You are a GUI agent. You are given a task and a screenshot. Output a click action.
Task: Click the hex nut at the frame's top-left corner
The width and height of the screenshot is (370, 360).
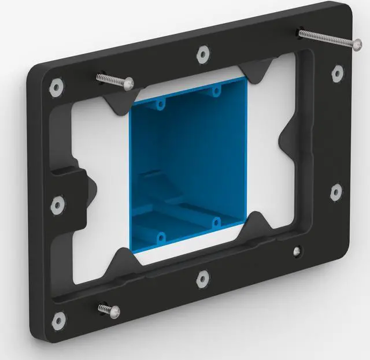pos(56,87)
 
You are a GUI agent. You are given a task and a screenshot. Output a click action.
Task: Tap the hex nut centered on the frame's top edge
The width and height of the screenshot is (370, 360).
pos(202,54)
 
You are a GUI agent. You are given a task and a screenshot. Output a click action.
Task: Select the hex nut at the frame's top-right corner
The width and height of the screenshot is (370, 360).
pos(338,73)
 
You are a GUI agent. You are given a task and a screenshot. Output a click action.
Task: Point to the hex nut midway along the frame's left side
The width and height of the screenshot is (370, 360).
pos(57,204)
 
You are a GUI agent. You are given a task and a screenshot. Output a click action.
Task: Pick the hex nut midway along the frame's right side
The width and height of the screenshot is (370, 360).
pos(335,192)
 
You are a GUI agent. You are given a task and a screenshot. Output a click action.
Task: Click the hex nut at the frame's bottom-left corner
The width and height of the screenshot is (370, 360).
pos(58,320)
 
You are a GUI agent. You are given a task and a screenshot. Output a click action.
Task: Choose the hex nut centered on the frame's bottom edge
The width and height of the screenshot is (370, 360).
pos(202,279)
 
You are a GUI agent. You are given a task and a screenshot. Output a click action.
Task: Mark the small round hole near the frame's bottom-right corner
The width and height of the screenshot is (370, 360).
pos(297,252)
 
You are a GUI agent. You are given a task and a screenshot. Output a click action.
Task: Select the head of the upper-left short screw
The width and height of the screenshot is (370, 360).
pos(125,84)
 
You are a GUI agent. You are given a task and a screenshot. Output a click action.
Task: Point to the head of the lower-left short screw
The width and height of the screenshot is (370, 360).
pos(113,311)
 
